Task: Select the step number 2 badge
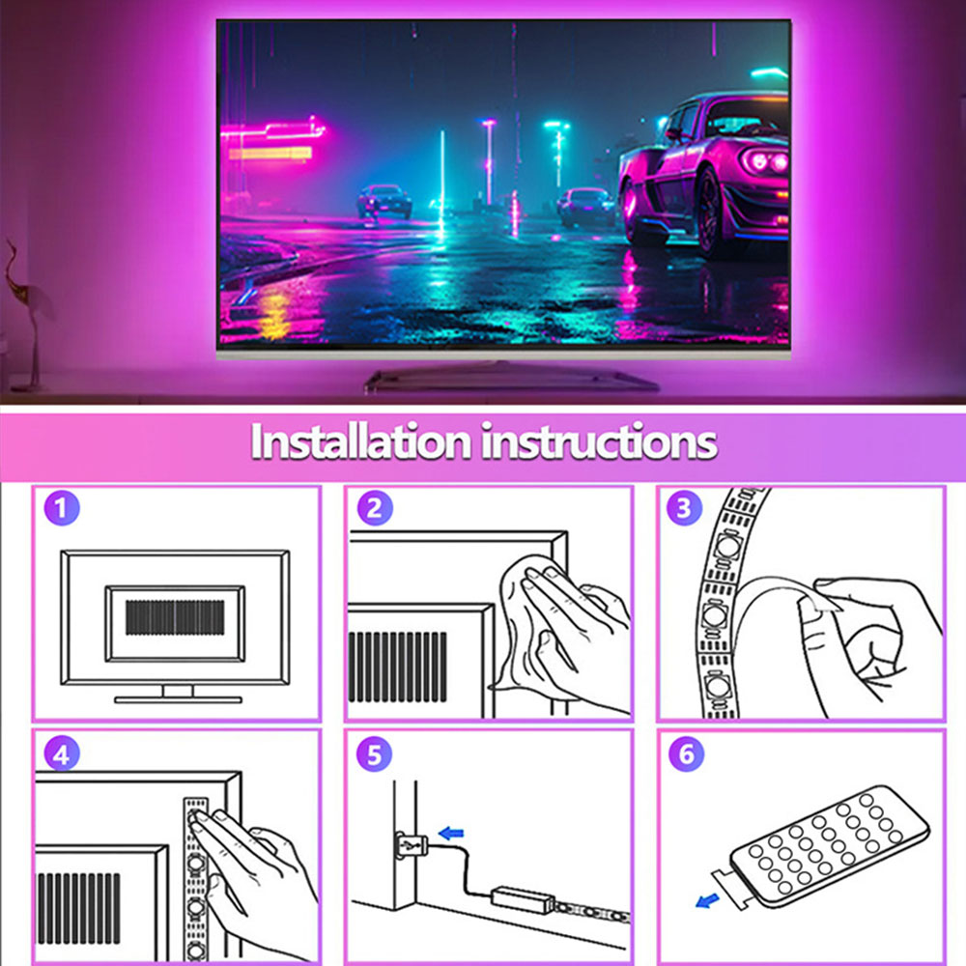374,508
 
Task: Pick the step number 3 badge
685,508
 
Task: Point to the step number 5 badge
374,754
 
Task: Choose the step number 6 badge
685,754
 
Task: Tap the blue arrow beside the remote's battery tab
707,901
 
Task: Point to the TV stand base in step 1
178,697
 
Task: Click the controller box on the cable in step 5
521,897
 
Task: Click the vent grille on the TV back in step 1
175,617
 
